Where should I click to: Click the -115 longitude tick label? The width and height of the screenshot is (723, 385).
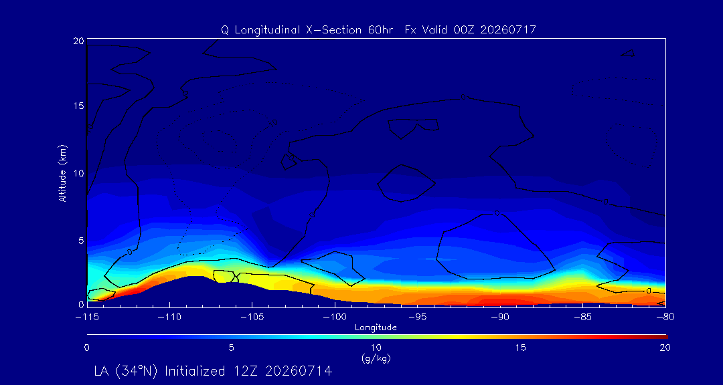(x=87, y=317)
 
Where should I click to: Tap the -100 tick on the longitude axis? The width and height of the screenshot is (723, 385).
(x=335, y=317)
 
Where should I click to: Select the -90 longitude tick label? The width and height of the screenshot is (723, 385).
(x=500, y=317)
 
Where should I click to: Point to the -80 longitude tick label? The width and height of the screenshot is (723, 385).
(x=666, y=317)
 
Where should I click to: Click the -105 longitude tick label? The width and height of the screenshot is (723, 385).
(x=252, y=317)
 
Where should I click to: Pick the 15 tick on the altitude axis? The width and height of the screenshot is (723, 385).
(x=78, y=106)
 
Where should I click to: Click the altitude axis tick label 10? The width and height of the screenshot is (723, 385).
(x=78, y=173)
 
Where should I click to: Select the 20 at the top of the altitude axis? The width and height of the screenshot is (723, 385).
(x=78, y=41)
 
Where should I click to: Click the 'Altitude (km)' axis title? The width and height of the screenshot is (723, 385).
(x=63, y=172)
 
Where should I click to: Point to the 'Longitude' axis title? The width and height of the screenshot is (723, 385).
(x=376, y=328)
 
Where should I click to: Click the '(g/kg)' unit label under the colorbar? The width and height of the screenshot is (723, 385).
(x=376, y=358)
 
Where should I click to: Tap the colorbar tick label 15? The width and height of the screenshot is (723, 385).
(x=521, y=348)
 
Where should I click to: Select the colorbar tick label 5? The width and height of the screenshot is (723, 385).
(x=232, y=348)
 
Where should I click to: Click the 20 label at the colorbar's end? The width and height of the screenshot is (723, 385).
(x=665, y=348)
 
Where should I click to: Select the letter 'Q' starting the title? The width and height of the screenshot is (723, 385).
(x=224, y=30)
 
